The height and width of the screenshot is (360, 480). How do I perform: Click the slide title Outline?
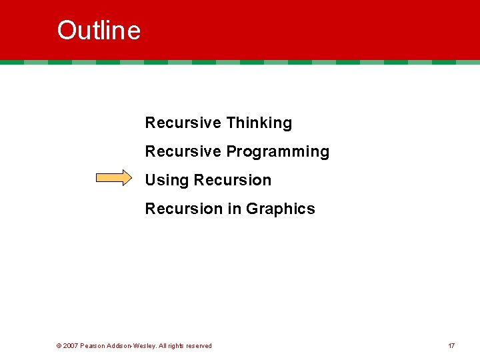point(99,31)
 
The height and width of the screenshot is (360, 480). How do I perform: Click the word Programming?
point(277,152)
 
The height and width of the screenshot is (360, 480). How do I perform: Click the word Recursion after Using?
point(232,181)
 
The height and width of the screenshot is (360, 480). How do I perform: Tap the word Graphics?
point(280,209)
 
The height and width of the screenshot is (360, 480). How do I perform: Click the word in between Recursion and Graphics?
point(234,209)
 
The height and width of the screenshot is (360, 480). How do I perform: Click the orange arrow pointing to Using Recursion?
point(114,178)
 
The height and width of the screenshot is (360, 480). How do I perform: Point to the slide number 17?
point(451,346)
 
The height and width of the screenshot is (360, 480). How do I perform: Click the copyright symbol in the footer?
point(59,346)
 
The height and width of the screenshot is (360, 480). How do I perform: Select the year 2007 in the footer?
point(71,346)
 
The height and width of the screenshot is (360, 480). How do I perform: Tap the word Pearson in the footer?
point(92,346)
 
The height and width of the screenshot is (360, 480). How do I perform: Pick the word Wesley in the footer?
point(146,346)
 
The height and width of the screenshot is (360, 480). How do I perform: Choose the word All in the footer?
point(163,346)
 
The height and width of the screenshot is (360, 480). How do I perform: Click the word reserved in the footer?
point(199,346)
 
